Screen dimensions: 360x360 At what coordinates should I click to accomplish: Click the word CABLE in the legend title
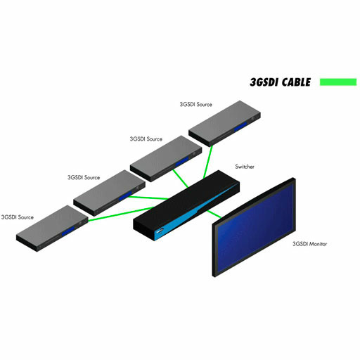pos(296,82)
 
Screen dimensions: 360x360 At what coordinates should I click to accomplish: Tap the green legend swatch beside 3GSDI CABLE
pos(338,82)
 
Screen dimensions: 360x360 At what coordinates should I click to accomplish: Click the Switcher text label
pos(245,167)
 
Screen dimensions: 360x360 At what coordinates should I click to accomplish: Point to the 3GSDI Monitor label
pos(309,244)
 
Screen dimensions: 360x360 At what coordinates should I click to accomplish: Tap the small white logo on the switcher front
pos(160,231)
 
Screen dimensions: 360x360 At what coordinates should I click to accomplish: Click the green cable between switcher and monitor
pos(214,214)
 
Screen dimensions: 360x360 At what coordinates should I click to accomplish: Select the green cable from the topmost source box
pos(207,162)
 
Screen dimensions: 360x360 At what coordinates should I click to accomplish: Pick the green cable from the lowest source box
pos(121,214)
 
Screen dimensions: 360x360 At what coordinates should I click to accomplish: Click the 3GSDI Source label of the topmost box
pos(196,104)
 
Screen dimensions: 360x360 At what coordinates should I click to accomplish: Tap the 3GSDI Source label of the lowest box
pos(18,217)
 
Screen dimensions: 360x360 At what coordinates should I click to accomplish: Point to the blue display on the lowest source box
pos(68,231)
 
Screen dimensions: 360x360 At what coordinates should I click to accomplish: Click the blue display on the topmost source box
pos(240,126)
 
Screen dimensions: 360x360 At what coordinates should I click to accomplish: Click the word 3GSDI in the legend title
pos(264,82)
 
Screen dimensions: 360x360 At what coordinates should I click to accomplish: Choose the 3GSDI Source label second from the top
pos(146,139)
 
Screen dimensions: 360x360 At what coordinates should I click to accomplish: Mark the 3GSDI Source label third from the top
pos(84,177)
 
